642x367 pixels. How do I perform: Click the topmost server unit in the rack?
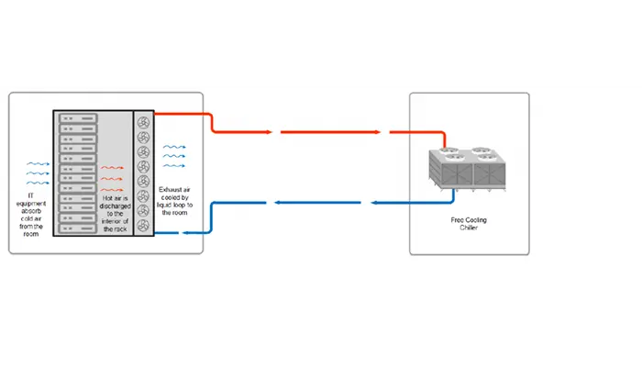coord(78,118)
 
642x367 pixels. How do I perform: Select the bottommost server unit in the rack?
coord(78,228)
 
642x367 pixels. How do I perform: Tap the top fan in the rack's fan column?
coord(143,122)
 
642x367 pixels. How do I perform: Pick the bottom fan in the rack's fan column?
coord(143,226)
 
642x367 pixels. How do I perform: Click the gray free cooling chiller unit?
coord(467,169)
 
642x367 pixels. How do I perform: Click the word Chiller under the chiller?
coord(469,228)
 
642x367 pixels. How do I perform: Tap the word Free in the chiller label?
coord(457,220)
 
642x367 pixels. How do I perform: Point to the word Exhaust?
coord(169,190)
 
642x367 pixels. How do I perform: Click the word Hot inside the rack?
coord(107,198)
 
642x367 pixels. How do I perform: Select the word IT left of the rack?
coord(30,195)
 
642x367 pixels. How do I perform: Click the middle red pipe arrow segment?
coord(331,132)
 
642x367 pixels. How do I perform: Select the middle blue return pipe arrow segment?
coord(317,203)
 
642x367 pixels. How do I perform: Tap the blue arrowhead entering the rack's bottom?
coord(184,233)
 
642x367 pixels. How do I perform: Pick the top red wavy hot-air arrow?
coord(112,168)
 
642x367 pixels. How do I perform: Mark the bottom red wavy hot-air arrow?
coord(112,190)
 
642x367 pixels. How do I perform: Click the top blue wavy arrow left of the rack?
coord(39,164)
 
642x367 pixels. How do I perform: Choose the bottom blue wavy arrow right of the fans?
coord(174,166)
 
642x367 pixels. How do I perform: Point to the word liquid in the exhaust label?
coord(164,205)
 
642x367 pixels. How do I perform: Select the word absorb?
coord(31,211)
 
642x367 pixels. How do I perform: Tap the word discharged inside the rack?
coord(115,206)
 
